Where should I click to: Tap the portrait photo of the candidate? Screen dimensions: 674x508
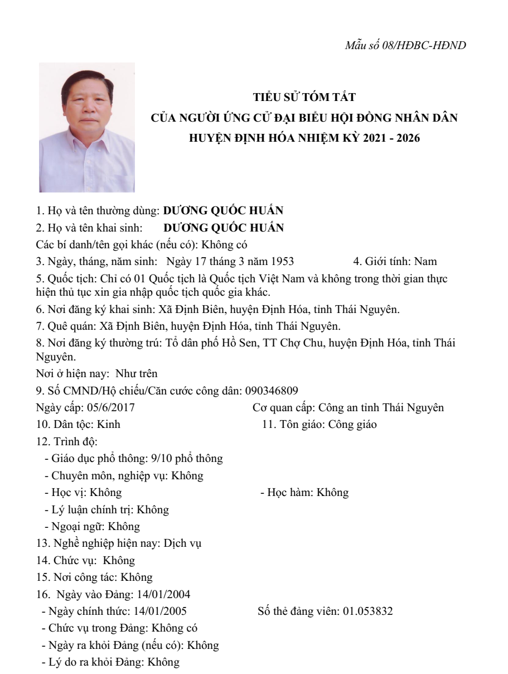(86, 128)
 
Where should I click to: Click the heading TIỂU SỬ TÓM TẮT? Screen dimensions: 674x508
(304, 98)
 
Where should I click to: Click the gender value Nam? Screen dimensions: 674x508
(426, 261)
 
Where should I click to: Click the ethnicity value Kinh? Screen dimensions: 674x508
(108, 425)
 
